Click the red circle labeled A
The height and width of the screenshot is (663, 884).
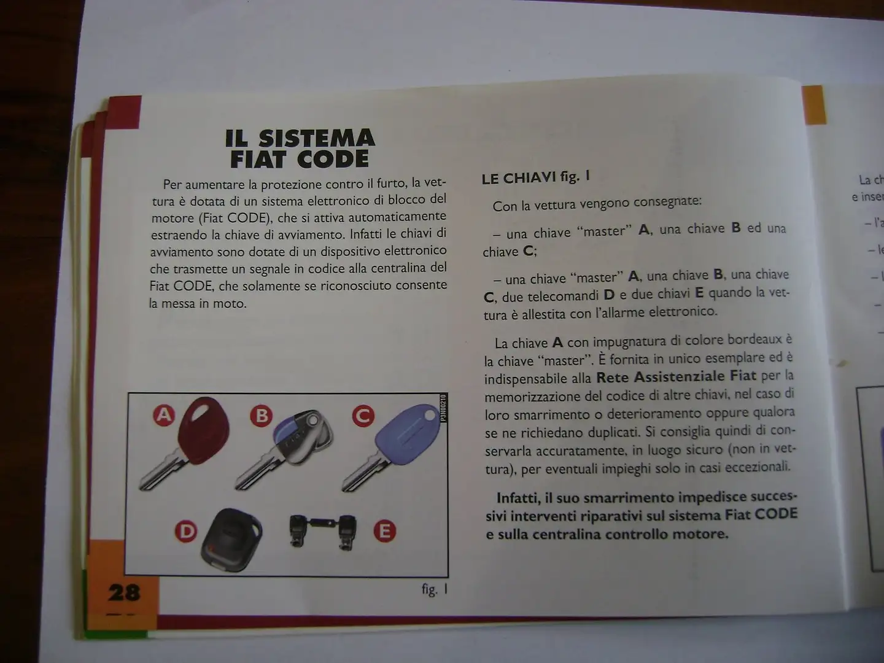coord(164,416)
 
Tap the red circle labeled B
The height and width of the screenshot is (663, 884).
coord(262,416)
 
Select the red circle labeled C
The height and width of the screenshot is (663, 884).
coord(363,416)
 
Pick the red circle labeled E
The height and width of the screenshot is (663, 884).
coord(386,530)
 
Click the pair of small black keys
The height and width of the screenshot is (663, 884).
coord(322,529)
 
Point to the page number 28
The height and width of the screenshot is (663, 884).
coord(124,592)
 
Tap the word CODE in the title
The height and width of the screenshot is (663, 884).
coord(335,160)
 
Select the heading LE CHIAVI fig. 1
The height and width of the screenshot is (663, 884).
coord(536,178)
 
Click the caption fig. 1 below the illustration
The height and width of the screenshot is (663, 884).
coord(435,590)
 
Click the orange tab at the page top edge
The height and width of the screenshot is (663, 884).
coord(814,104)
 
